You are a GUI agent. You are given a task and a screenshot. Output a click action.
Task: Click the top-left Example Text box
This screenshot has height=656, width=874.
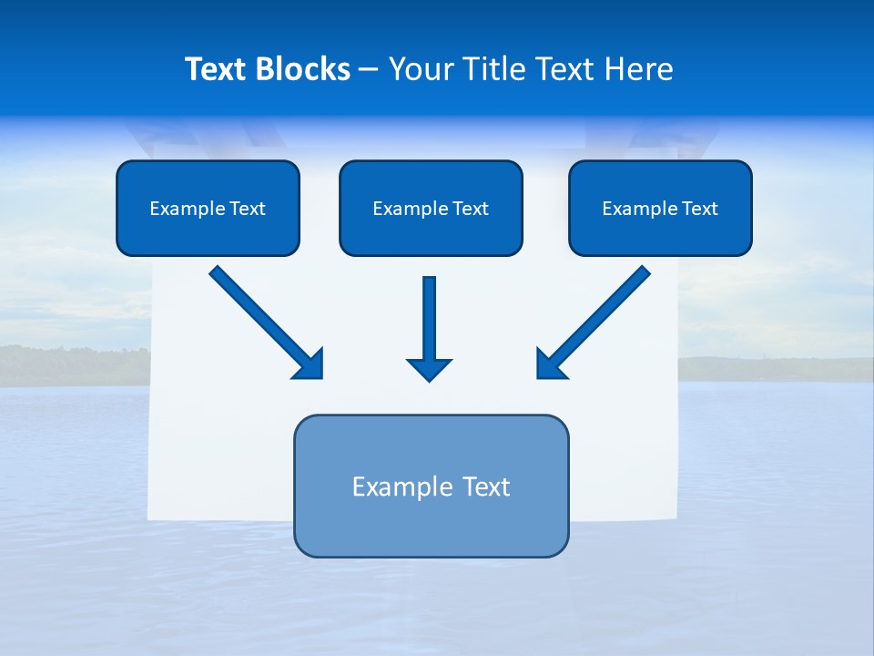pos(208,208)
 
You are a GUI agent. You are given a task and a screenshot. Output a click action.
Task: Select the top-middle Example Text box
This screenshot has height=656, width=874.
pos(431,208)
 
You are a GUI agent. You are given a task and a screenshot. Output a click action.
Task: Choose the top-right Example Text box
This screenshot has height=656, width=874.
pos(660,208)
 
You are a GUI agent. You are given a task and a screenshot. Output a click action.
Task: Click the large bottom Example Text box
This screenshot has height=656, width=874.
pos(431,486)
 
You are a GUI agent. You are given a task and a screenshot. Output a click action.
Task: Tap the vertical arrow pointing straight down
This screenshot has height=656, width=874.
pos(430,323)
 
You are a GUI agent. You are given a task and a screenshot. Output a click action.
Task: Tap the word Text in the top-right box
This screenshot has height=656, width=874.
pos(700,209)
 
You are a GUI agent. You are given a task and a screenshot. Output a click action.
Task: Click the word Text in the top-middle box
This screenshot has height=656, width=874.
pos(471,209)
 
